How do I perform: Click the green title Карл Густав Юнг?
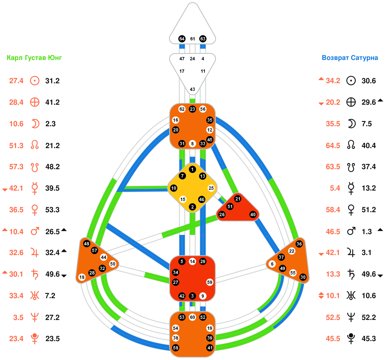(x=34, y=58)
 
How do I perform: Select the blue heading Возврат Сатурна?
(x=350, y=58)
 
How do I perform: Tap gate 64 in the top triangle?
(x=182, y=39)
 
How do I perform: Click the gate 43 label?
(x=193, y=89)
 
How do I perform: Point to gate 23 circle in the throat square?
(x=193, y=109)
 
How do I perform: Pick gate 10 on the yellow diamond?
(x=174, y=188)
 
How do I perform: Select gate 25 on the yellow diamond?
(x=211, y=188)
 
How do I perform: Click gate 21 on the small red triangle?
(x=238, y=199)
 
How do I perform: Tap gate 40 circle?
(x=253, y=215)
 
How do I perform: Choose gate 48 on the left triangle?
(x=86, y=244)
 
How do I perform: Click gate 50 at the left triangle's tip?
(x=113, y=264)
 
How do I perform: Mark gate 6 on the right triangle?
(x=272, y=264)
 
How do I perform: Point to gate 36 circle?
(x=299, y=244)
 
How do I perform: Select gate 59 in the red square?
(x=210, y=282)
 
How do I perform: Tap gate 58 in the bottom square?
(x=175, y=348)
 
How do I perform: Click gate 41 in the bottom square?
(x=210, y=348)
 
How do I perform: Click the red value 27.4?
(x=16, y=81)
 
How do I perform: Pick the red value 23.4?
(x=16, y=339)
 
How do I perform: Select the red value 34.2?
(x=333, y=81)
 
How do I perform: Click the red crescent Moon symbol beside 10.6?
(x=35, y=124)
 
